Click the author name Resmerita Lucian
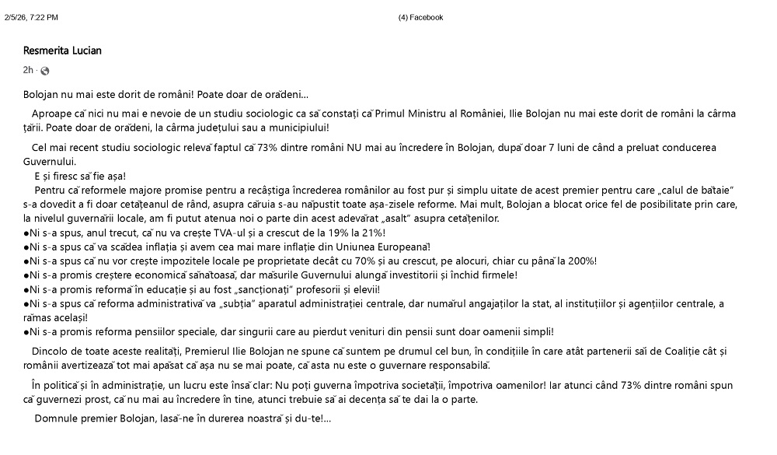(62, 51)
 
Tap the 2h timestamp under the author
(28, 71)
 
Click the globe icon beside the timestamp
(44, 72)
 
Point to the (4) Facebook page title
(420, 17)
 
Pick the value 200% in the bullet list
(580, 261)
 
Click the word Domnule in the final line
(54, 418)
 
